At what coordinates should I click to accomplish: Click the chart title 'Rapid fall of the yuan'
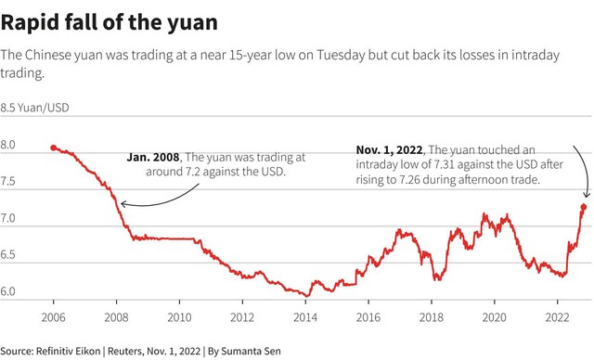110,22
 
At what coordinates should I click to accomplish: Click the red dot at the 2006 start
54,148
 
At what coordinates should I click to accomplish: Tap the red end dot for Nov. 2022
584,207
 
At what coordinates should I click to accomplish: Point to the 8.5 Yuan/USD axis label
34,108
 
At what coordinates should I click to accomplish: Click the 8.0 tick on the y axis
7,145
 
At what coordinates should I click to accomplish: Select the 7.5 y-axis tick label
7,181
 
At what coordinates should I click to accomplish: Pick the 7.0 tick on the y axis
7,218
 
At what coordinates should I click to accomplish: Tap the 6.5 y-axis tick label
7,254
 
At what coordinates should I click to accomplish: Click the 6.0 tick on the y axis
7,291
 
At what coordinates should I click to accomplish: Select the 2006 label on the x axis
54,317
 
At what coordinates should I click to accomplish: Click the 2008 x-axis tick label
116,317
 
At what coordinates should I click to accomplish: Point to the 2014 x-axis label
305,317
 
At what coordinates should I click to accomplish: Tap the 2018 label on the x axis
431,317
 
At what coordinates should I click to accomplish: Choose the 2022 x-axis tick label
557,317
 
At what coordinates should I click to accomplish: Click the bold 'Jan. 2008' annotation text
153,157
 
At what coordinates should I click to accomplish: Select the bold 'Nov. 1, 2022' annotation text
390,150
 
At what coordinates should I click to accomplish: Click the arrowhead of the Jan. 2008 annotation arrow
123,204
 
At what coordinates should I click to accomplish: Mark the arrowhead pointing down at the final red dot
587,195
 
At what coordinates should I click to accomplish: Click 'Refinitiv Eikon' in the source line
68,351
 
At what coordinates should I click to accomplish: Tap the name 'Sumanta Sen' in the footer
251,351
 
